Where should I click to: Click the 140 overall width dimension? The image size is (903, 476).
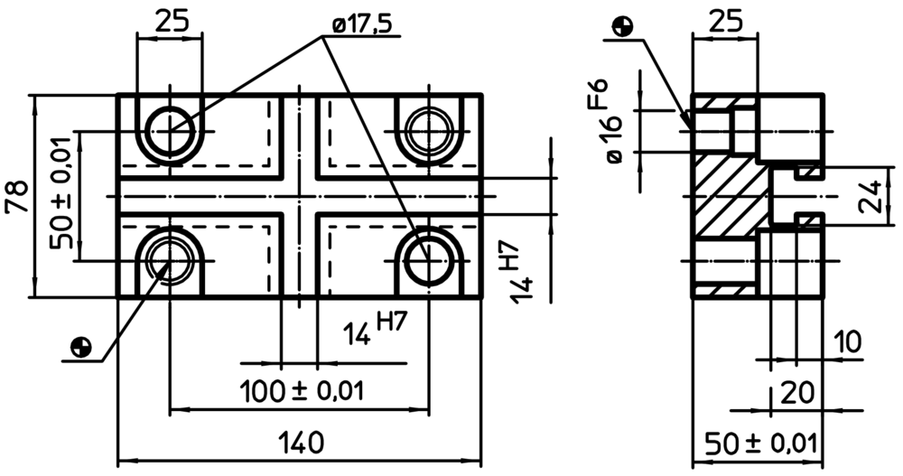click(301, 443)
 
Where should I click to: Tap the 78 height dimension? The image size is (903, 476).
click(16, 197)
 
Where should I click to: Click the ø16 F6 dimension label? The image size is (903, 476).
click(614, 122)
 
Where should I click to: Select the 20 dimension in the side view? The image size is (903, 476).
click(797, 393)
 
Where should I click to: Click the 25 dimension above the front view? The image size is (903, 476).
click(172, 22)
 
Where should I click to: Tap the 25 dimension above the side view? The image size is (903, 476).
click(725, 22)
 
